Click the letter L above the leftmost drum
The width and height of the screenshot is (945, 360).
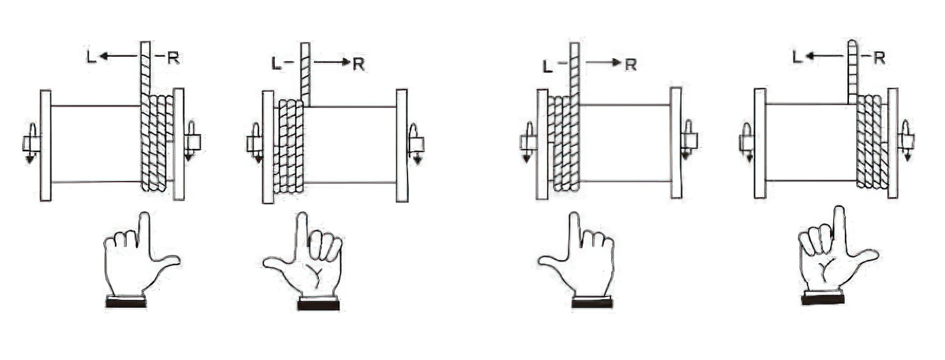point(91,57)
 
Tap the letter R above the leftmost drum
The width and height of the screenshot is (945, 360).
point(173,58)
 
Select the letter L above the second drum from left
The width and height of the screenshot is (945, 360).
point(276,64)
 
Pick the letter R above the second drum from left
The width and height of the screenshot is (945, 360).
point(358,64)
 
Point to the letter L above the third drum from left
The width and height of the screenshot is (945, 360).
point(547,66)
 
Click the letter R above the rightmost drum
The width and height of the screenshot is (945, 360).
point(879,58)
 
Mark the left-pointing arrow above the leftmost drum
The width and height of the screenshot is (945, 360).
point(119,56)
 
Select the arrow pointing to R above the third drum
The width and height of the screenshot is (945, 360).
point(604,63)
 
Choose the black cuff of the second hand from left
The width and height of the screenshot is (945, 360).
point(318,303)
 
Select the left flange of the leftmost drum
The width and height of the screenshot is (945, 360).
point(46,145)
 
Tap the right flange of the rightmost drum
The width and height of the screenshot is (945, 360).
point(893,143)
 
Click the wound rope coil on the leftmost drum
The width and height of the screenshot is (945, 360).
point(157,143)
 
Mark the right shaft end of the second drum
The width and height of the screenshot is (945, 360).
point(416,144)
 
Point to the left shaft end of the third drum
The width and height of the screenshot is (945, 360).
point(528,143)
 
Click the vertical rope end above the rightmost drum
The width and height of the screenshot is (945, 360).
point(853,72)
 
